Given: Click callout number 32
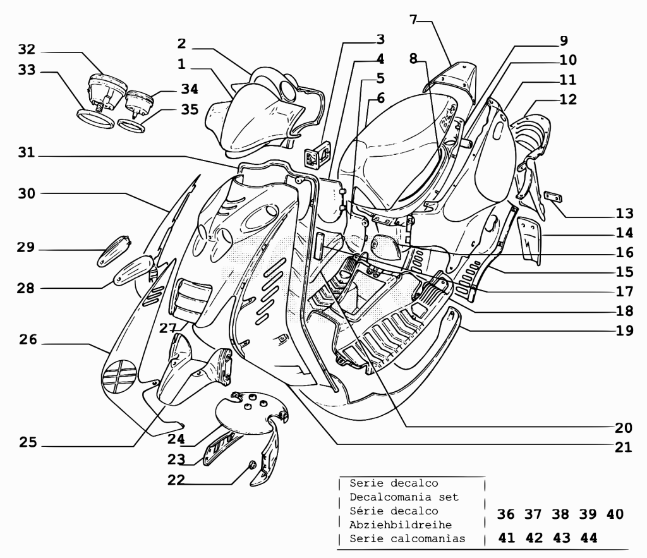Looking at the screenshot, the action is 27,49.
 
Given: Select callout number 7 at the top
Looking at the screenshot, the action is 413,20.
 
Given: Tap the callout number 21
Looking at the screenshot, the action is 624,447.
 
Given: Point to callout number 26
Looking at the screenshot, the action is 28,340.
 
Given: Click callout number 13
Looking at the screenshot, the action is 624,213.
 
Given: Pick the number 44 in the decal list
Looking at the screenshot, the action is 589,538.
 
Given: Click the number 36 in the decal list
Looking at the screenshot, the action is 505,514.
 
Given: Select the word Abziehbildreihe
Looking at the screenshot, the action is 400,525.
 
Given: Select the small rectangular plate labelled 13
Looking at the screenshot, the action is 553,197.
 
